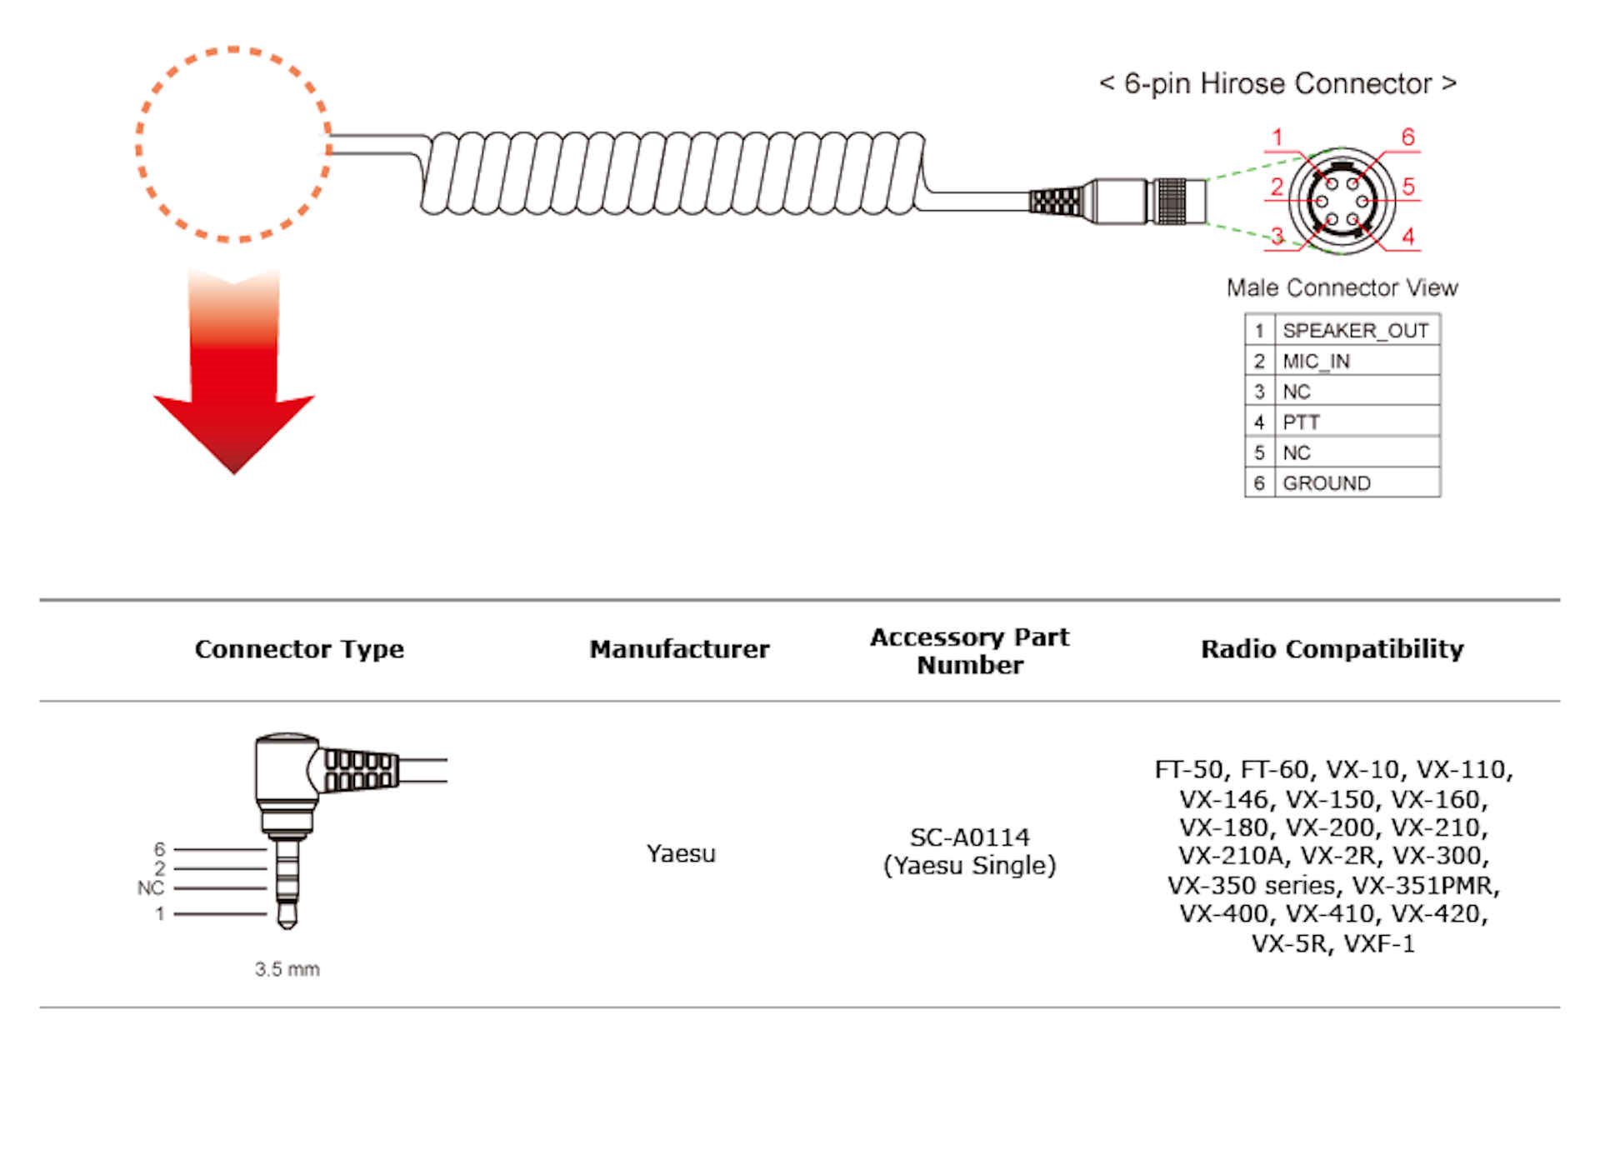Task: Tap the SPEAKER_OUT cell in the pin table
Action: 1355,331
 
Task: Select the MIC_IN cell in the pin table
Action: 1316,361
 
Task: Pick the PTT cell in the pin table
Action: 1301,422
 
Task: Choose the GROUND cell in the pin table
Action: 1326,483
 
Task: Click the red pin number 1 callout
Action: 1277,137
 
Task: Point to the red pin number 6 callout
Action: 1407,137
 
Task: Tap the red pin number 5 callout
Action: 1408,187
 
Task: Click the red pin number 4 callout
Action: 1407,237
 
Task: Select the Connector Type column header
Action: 299,649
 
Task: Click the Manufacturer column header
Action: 679,649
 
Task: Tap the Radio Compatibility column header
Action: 1332,649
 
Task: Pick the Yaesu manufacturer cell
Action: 681,853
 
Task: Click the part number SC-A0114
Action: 969,837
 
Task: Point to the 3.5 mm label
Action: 287,969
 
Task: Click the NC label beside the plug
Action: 150,888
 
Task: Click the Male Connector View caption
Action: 1342,288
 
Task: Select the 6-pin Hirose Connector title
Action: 1277,84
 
